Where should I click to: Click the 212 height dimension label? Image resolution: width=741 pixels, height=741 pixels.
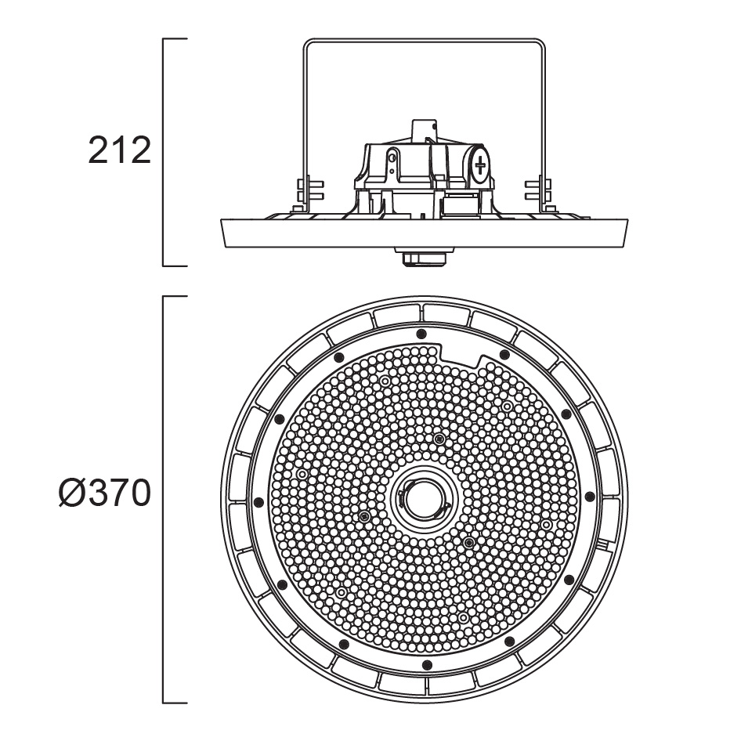(120, 150)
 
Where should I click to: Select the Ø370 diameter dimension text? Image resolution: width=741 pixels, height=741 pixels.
(105, 493)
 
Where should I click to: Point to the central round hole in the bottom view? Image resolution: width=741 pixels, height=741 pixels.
(422, 501)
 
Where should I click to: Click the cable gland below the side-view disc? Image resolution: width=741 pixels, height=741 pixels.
(424, 257)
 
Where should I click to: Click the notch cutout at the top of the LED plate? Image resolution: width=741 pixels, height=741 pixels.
(461, 353)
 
